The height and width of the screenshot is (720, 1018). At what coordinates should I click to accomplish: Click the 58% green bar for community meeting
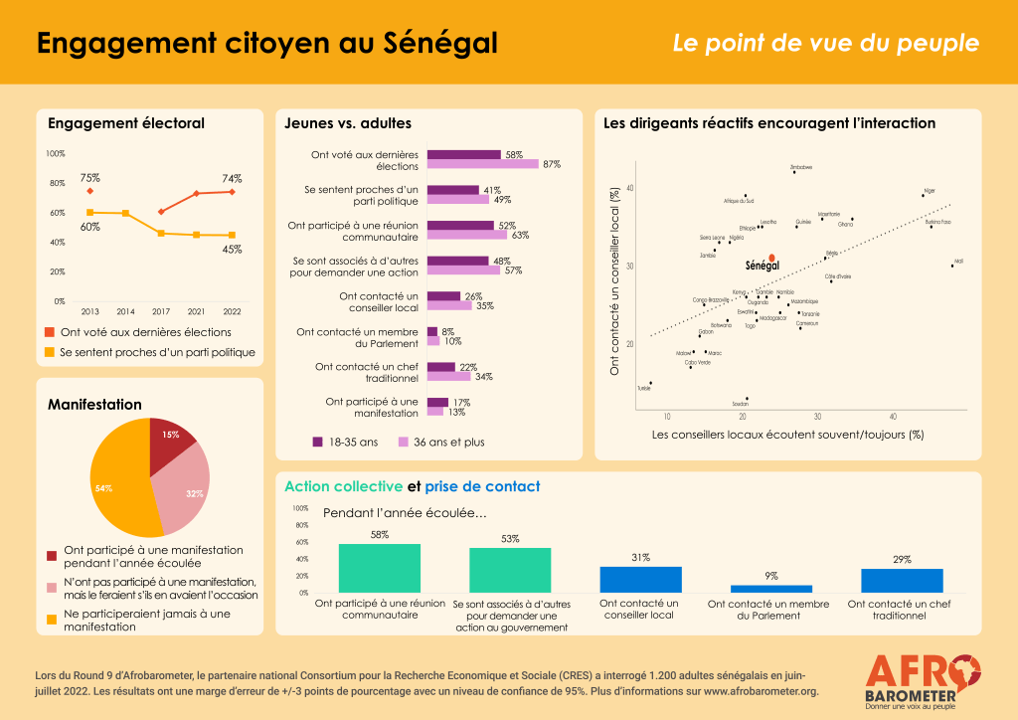(379, 568)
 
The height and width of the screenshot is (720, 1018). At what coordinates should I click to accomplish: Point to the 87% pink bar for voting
(482, 164)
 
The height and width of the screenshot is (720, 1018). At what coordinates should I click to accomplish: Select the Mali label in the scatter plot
(958, 261)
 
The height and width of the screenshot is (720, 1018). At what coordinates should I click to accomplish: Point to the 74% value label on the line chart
(232, 178)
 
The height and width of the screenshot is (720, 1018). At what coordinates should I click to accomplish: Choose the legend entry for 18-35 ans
(350, 442)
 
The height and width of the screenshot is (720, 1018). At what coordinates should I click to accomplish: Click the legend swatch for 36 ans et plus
(405, 442)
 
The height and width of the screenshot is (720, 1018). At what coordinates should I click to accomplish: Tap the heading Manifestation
(94, 405)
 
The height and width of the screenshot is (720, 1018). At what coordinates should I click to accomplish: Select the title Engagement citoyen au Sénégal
(266, 43)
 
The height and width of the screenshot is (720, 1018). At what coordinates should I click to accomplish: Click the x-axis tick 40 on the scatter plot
(892, 416)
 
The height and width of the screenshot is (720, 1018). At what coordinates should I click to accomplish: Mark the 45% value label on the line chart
(232, 250)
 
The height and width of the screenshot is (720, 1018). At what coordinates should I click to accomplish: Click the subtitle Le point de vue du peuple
(825, 44)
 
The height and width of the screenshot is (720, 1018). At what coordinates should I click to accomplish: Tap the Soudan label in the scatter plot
(740, 405)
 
